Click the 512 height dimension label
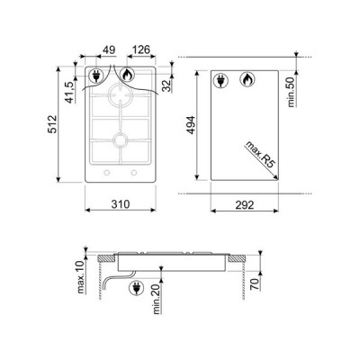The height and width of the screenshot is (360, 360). [x=52, y=124]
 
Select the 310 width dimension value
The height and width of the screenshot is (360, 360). [x=121, y=204]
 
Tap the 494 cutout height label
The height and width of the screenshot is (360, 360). [x=191, y=125]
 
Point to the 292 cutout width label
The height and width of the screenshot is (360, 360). [x=245, y=205]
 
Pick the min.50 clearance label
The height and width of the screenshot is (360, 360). [x=292, y=92]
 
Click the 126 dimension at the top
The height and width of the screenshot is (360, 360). [x=140, y=49]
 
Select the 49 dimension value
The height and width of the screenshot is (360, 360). [x=109, y=49]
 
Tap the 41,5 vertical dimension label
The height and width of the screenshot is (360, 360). [x=70, y=93]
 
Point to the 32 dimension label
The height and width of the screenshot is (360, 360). [x=166, y=85]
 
